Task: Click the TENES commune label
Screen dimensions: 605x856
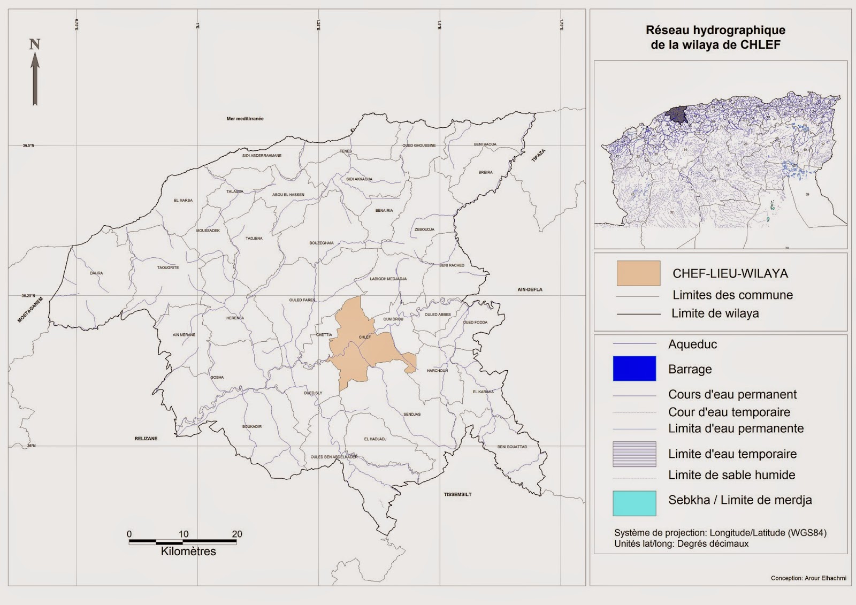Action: (346, 151)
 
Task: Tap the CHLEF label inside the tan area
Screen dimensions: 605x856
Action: (364, 337)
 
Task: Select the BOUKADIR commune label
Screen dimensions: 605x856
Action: (252, 426)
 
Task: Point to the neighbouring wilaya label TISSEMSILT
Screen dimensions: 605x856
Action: (457, 494)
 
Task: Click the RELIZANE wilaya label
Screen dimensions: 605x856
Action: (146, 439)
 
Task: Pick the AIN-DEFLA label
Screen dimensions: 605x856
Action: (530, 289)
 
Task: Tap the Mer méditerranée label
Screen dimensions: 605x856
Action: (245, 119)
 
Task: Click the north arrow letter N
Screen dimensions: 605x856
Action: (35, 44)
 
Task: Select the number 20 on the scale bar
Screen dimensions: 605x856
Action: (237, 534)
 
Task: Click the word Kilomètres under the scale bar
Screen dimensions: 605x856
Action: (188, 552)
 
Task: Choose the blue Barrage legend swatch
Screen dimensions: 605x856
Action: (634, 369)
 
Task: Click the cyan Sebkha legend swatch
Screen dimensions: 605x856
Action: (634, 503)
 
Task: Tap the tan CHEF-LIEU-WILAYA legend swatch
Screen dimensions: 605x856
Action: (638, 273)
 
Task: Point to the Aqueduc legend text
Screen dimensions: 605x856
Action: (692, 344)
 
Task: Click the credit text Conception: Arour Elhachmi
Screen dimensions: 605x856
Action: (808, 578)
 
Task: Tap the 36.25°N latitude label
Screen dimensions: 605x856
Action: (28, 296)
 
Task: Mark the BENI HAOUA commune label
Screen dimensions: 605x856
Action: (485, 144)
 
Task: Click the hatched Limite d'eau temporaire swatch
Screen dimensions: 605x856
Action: (634, 454)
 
